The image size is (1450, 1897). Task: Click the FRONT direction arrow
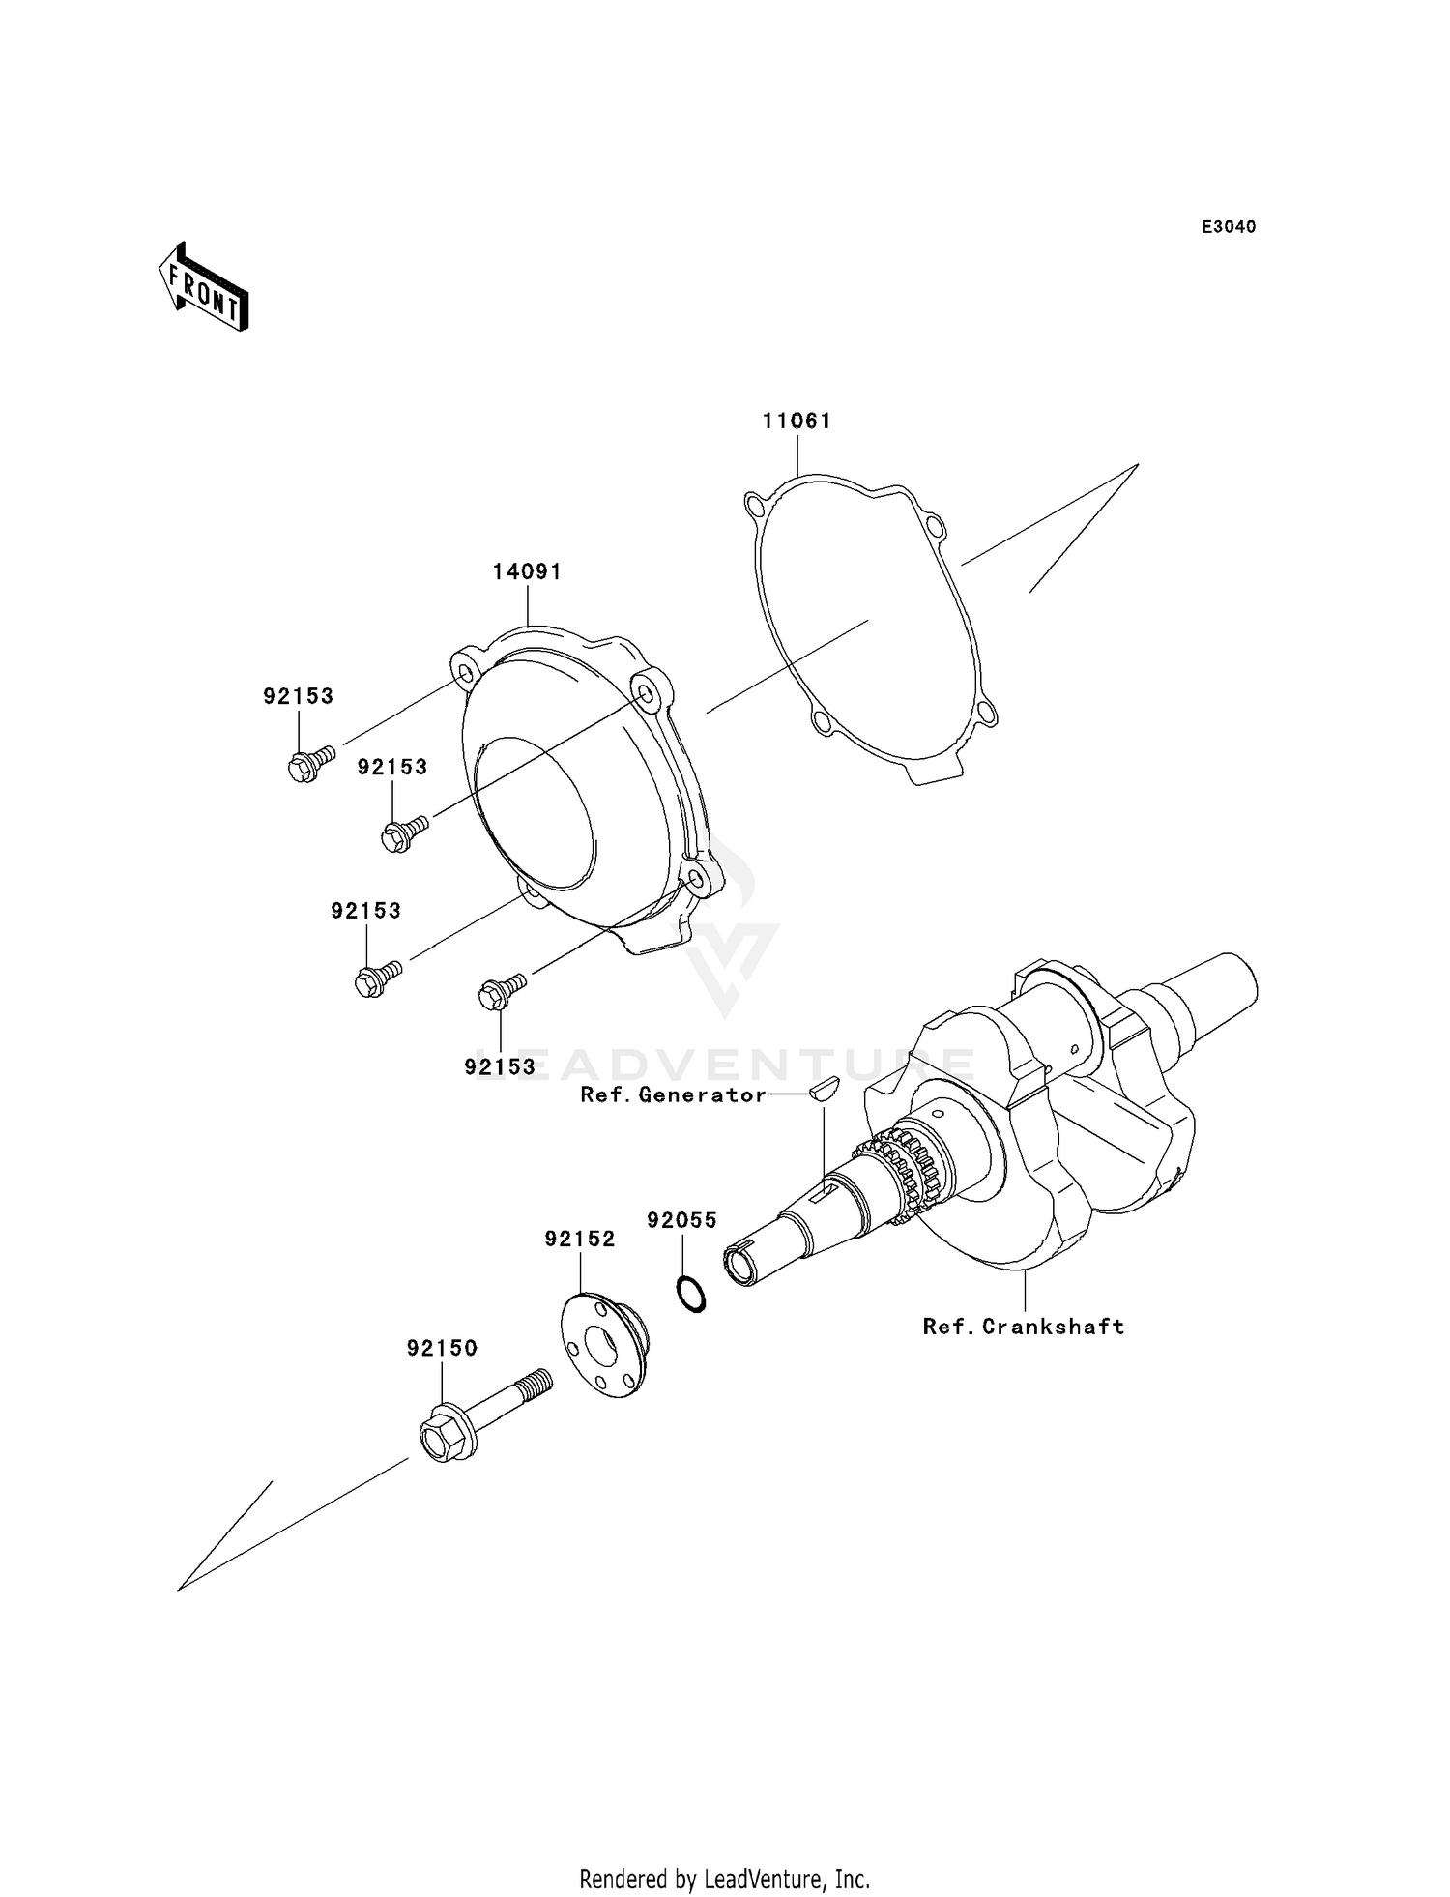(204, 289)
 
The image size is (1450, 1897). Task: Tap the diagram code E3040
(1228, 227)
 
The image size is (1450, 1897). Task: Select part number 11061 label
(797, 422)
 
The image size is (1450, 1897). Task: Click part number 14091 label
(527, 571)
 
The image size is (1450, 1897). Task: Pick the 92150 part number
(442, 1348)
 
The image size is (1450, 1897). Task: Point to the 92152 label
(580, 1240)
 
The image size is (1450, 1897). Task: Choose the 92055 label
(681, 1221)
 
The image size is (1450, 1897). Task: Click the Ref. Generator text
(673, 1094)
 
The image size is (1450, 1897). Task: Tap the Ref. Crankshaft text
(1024, 1327)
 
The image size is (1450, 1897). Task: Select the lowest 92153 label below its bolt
(500, 1066)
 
